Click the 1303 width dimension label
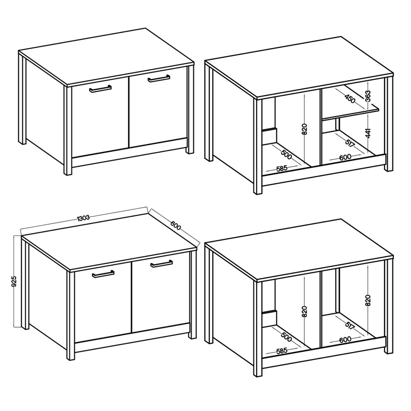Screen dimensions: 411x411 coord(83,217)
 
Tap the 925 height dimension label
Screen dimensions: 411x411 coord(15,281)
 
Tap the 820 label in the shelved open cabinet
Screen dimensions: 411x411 coord(304,129)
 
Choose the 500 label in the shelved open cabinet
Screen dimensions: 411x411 coord(286,155)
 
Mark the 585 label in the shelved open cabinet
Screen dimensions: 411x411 coord(282,168)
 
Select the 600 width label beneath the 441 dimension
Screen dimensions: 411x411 coord(345,157)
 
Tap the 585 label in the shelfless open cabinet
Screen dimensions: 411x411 coord(282,351)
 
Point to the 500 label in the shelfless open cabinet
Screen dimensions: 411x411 coord(286,337)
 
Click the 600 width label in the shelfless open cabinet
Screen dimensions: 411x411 coord(345,340)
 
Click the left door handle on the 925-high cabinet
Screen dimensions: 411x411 coord(103,273)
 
